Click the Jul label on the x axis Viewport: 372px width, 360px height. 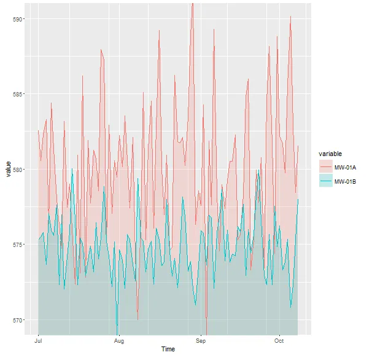point(38,340)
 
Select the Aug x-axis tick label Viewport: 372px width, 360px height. point(119,340)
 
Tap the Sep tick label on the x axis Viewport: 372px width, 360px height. point(200,340)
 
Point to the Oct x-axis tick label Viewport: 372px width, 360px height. point(279,340)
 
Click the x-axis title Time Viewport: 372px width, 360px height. point(167,350)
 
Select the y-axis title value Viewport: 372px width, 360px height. point(7,168)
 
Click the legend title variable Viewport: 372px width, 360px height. point(330,153)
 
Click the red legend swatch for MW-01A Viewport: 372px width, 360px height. point(325,167)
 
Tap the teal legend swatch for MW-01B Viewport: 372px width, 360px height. point(325,181)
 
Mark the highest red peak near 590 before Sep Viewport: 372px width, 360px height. point(192,4)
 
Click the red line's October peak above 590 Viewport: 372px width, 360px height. point(290,17)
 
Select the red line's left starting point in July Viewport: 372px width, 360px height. point(38,130)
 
